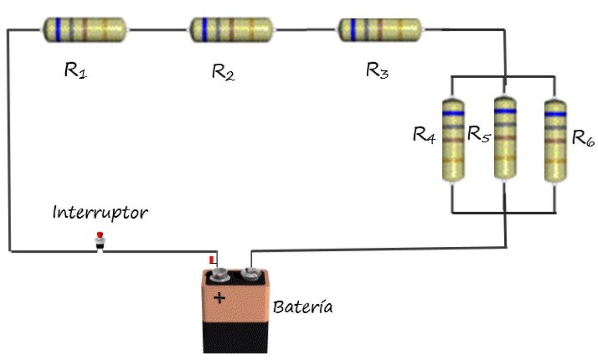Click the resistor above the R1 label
coord(84,29)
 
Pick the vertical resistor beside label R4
coord(453,139)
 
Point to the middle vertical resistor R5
coord(505,137)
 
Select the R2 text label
coord(223,73)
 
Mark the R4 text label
coord(424,135)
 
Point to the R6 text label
coord(583,138)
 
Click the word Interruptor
coord(100,213)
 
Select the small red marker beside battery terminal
coord(211,260)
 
